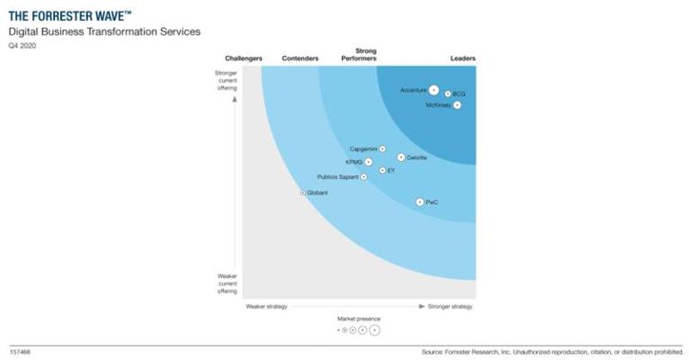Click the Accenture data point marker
click(434, 90)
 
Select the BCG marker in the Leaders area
click(448, 94)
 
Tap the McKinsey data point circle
click(457, 105)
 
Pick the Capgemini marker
click(382, 148)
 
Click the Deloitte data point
click(401, 157)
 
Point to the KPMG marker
click(369, 162)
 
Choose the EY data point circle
click(382, 170)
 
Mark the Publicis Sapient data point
click(363, 177)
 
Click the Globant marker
click(303, 193)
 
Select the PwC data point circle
click(419, 202)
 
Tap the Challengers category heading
click(243, 58)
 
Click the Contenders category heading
click(300, 58)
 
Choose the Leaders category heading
click(462, 58)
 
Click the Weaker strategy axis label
click(266, 306)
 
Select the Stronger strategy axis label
click(450, 306)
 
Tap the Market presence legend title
click(358, 319)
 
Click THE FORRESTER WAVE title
click(70, 14)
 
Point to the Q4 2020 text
click(22, 45)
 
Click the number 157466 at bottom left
click(20, 351)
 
